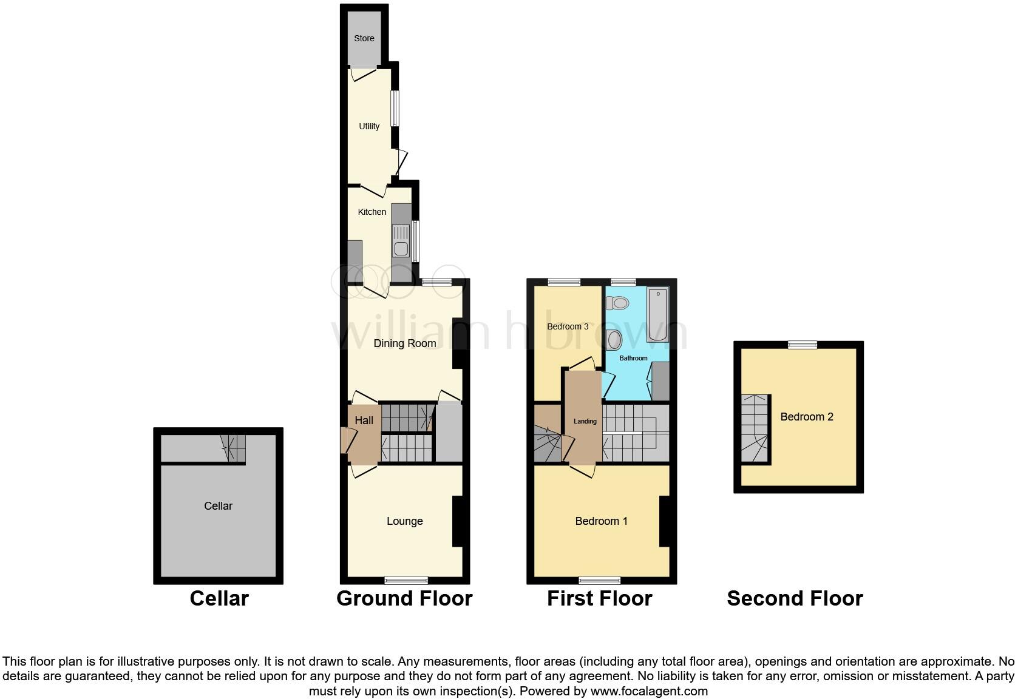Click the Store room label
tap(364, 38)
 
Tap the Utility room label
tap(369, 126)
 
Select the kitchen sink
tap(401, 241)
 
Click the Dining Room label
tap(405, 343)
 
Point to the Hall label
tap(364, 420)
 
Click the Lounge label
tap(405, 521)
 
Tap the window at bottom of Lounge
tap(405, 579)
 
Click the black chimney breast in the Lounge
tap(458, 522)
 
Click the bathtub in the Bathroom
tap(657, 316)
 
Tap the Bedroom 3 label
tap(568, 326)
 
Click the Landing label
tap(585, 421)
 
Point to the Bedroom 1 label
tap(602, 521)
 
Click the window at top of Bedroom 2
tap(803, 345)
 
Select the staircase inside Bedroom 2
tap(755, 429)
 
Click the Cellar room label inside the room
tap(218, 506)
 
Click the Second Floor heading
tap(795, 599)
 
